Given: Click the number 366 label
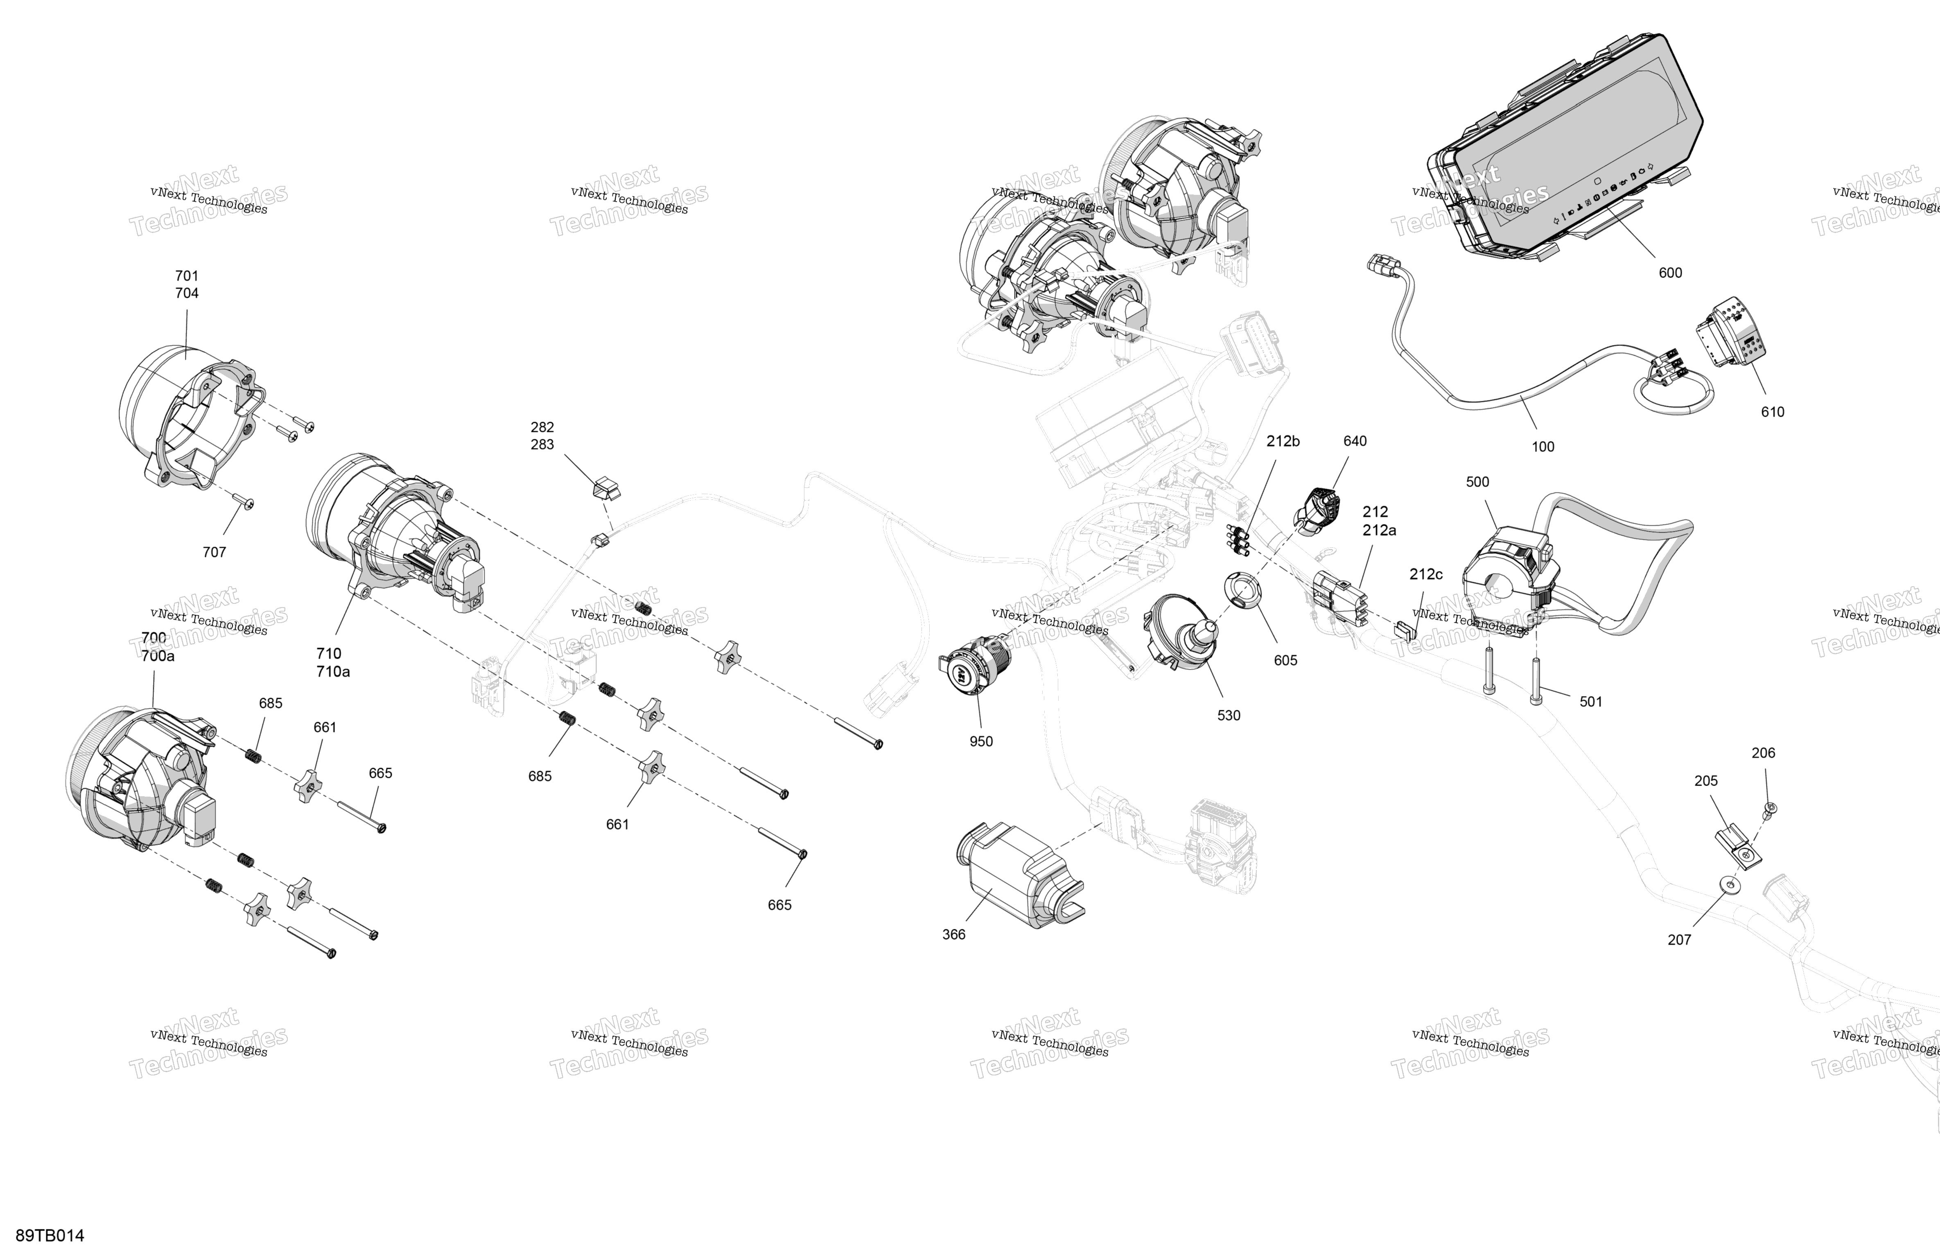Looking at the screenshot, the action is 954,934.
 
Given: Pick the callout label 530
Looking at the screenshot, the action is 1229,715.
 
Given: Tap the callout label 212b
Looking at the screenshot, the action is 1283,441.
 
